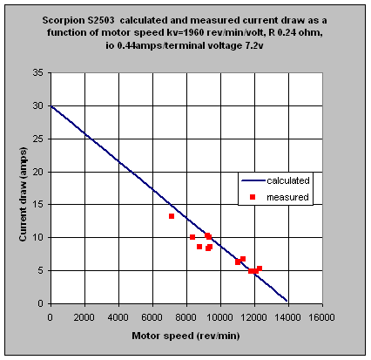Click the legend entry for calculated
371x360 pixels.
tap(288, 180)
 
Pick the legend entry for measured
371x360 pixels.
tap(287, 197)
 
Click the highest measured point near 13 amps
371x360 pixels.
tap(172, 216)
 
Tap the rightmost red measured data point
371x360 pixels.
tap(260, 268)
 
